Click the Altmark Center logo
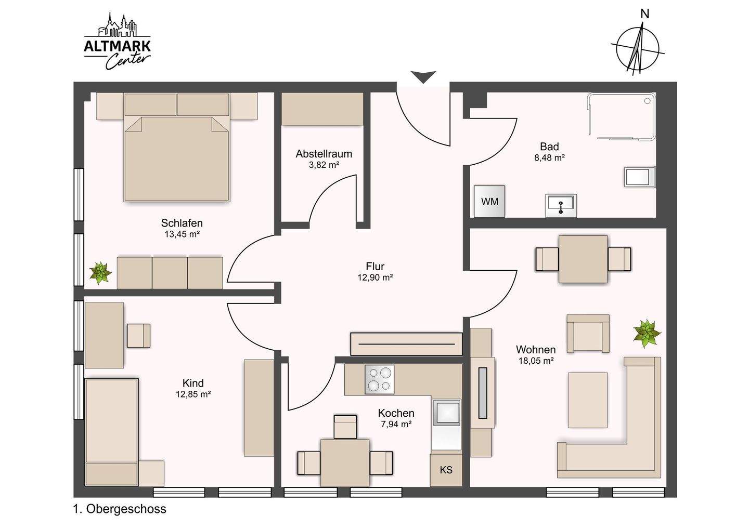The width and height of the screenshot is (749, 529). pyautogui.click(x=118, y=42)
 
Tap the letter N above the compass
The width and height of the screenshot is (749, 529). pyautogui.click(x=644, y=14)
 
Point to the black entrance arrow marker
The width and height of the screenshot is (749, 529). pyautogui.click(x=423, y=77)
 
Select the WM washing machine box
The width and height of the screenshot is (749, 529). pyautogui.click(x=489, y=202)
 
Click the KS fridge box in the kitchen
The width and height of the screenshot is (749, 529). pyautogui.click(x=446, y=470)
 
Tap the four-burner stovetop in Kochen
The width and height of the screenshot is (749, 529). pyautogui.click(x=380, y=379)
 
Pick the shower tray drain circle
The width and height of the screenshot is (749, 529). pyautogui.click(x=648, y=101)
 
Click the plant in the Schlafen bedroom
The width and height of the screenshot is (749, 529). pyautogui.click(x=100, y=272)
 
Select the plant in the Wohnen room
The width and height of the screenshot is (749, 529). pyautogui.click(x=647, y=334)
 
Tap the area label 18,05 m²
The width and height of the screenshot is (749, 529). pyautogui.click(x=536, y=361)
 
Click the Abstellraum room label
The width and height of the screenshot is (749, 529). pyautogui.click(x=324, y=154)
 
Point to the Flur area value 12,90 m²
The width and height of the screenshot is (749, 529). pyautogui.click(x=375, y=277)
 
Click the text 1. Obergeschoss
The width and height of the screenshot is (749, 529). pyautogui.click(x=120, y=509)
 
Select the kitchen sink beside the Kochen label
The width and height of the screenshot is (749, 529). pyautogui.click(x=446, y=414)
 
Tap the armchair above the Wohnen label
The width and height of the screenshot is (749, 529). pyautogui.click(x=588, y=334)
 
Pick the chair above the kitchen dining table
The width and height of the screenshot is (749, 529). pyautogui.click(x=345, y=427)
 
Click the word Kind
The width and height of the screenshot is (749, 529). pyautogui.click(x=193, y=383)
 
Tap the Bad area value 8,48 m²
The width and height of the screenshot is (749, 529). pyautogui.click(x=549, y=157)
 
